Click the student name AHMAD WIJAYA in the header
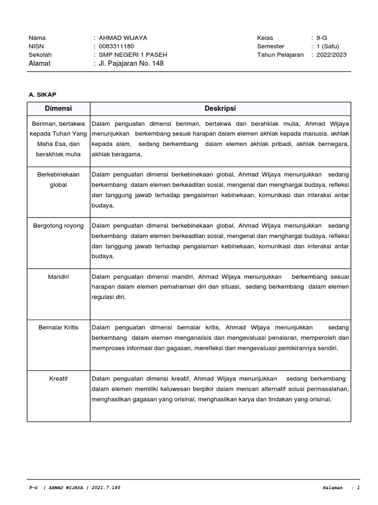tap(123, 38)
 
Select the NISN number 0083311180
tap(116, 46)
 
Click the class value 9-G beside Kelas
tap(322, 38)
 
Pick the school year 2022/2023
tap(331, 55)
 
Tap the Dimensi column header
tap(58, 108)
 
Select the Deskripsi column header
tap(220, 108)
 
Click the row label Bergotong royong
tap(58, 226)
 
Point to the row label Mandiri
tap(58, 277)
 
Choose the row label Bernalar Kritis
tap(58, 327)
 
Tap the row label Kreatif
tap(58, 379)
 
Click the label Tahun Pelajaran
tap(280, 55)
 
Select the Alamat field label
tap(39, 64)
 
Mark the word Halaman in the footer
tap(332, 488)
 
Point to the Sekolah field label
tap(40, 55)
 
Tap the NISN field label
tap(36, 46)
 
